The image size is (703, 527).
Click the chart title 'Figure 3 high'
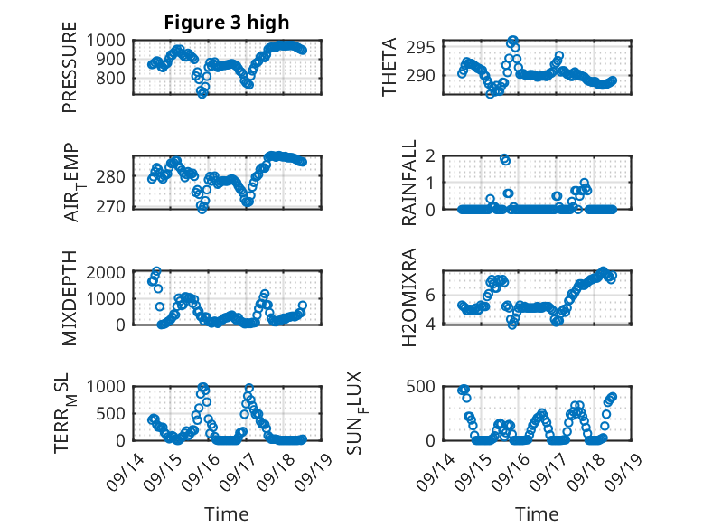tap(227, 24)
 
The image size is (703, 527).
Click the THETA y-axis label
tap(389, 68)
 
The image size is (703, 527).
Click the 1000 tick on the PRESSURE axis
tap(108, 40)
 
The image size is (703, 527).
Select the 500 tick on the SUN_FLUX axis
tap(429, 386)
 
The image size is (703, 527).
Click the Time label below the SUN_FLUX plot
tap(537, 513)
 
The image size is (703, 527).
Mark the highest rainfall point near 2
tap(504, 159)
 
